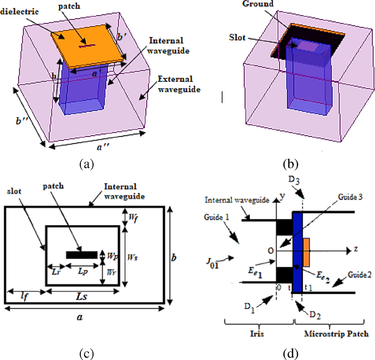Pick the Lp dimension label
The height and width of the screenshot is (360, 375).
point(82,271)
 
